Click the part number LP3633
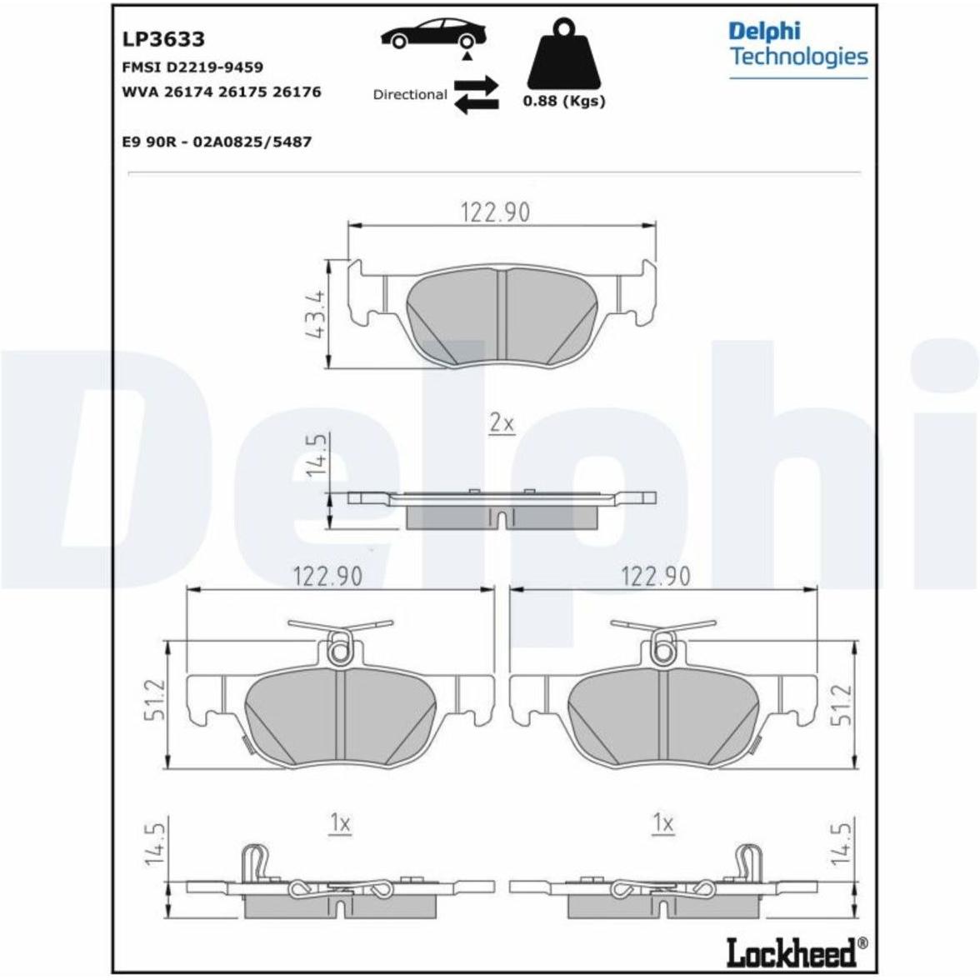coord(163,39)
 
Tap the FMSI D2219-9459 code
coord(192,67)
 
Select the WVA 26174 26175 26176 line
coord(222,92)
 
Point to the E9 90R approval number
coord(217,142)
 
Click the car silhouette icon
coord(433,33)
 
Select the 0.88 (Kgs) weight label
coord(564,101)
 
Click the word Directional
coord(410,94)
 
